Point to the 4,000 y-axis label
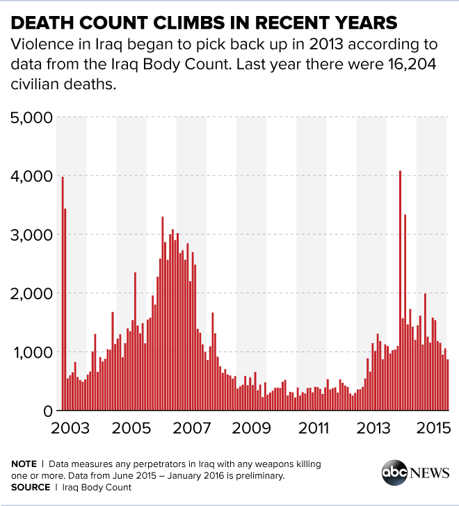click(x=31, y=176)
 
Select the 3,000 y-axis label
click(x=31, y=235)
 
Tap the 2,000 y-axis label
click(x=31, y=294)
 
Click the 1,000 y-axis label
click(x=31, y=352)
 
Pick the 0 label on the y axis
click(x=47, y=411)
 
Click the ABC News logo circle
click(x=394, y=472)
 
